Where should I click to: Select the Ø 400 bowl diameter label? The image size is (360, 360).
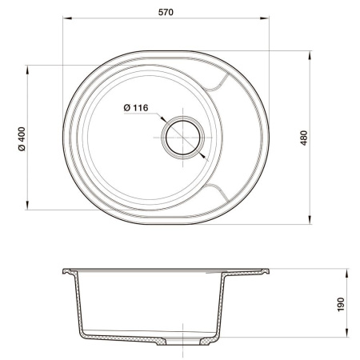pyautogui.click(x=22, y=137)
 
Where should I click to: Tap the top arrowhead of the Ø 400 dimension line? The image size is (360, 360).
pyautogui.click(x=30, y=66)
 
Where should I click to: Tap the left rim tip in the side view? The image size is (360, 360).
pyautogui.click(x=64, y=273)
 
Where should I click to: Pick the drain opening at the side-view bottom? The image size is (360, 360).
pyautogui.click(x=183, y=343)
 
